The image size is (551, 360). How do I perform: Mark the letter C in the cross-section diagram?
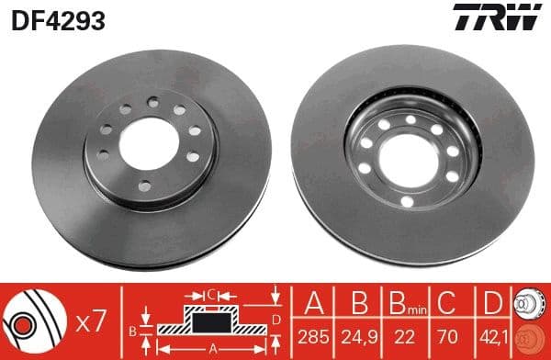[210, 294]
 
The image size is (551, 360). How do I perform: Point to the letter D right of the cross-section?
[275, 320]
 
